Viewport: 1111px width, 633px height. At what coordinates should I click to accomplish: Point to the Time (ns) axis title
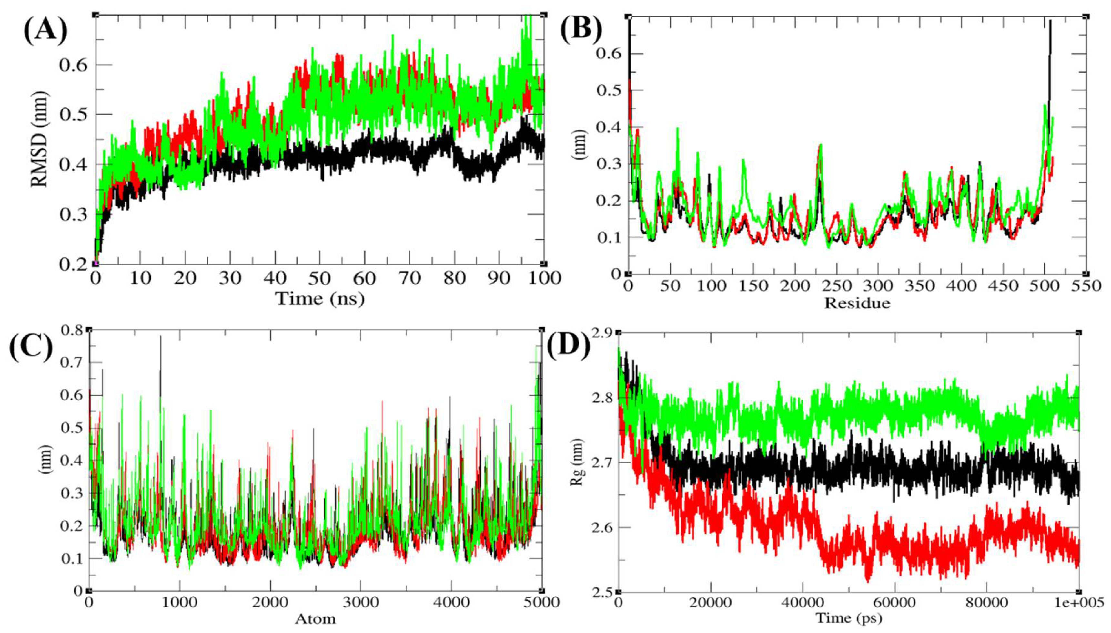coord(320,299)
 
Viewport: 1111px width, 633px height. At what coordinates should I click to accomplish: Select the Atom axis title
coord(315,618)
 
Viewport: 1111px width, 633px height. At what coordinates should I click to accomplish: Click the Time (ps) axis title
coord(849,617)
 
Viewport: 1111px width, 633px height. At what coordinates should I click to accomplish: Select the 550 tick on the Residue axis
coord(1085,286)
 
